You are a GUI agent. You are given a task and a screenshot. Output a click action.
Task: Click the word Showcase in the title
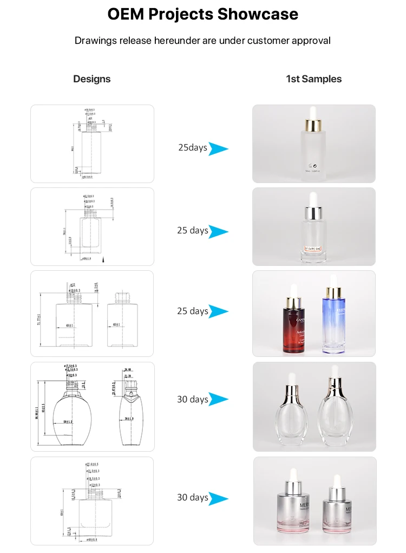pyautogui.click(x=258, y=15)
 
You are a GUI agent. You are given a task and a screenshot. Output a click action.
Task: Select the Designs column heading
pyautogui.click(x=91, y=79)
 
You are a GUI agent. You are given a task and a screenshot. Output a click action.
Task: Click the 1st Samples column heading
pyautogui.click(x=313, y=79)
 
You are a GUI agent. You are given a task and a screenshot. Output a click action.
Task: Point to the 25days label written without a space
pyautogui.click(x=193, y=147)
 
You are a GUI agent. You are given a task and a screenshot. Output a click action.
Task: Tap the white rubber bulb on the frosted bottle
pyautogui.click(x=313, y=112)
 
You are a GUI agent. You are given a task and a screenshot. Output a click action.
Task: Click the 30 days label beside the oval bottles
pyautogui.click(x=192, y=400)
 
